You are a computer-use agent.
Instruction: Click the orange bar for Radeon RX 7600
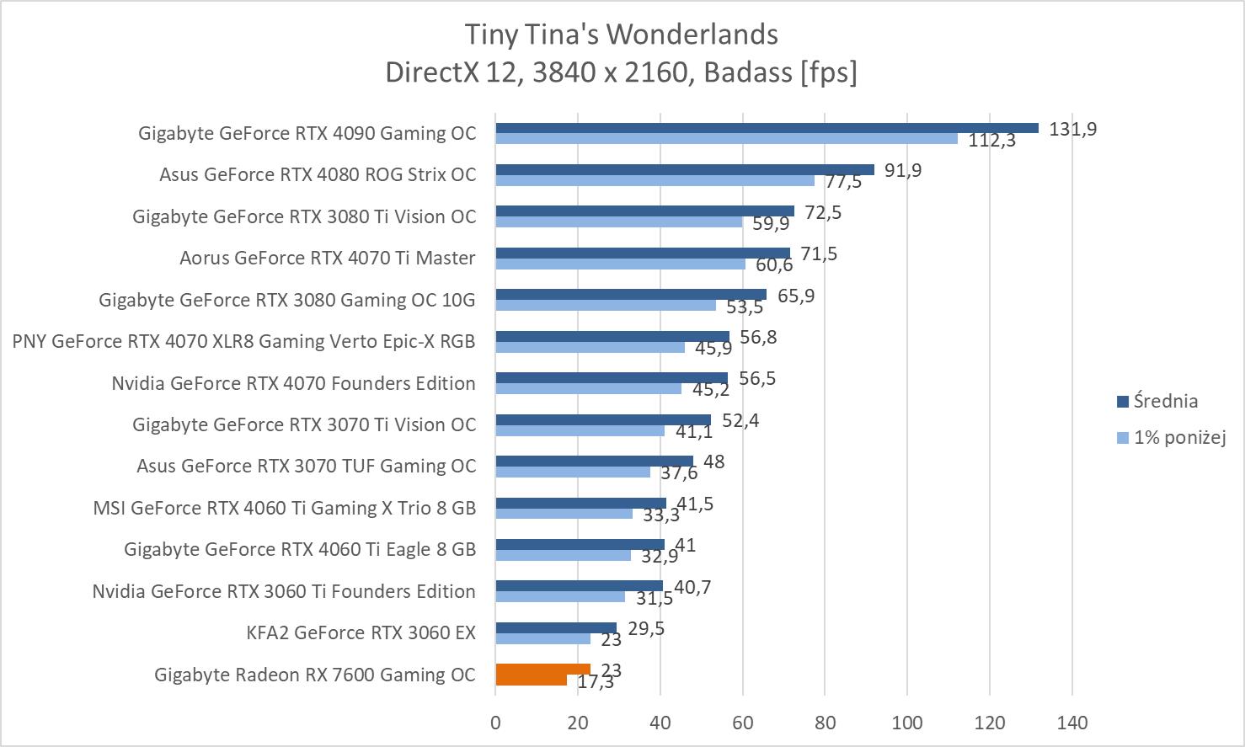point(542,670)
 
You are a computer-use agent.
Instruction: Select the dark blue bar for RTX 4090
point(767,128)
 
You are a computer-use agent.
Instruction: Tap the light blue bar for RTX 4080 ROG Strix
point(655,180)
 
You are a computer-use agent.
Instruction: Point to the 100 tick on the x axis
point(907,723)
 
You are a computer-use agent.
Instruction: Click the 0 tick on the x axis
point(495,723)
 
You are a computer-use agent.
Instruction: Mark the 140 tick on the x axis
point(1072,723)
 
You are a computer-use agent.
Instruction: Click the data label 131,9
point(1072,129)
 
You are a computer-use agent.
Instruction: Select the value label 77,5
point(843,182)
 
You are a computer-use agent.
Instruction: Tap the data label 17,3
point(596,683)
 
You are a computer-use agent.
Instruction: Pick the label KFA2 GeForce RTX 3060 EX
point(361,632)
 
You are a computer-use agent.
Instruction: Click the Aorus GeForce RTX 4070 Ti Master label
point(327,258)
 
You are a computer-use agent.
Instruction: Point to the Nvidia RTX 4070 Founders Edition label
point(293,383)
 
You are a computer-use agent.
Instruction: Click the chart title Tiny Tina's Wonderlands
point(622,35)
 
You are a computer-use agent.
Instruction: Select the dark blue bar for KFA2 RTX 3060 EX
point(556,627)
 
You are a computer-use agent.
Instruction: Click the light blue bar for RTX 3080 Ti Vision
point(618,222)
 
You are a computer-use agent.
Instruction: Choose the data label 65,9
point(796,296)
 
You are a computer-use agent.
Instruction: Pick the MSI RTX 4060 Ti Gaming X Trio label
point(284,508)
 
